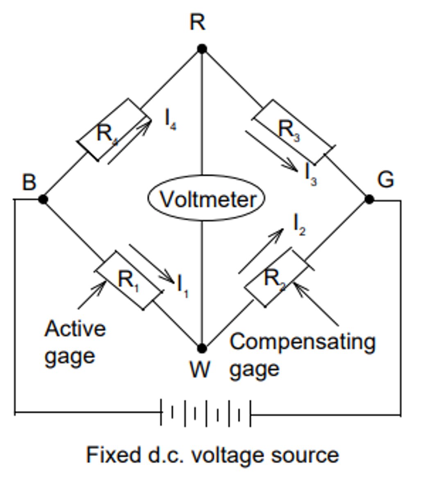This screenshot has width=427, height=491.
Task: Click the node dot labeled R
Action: pos(201,49)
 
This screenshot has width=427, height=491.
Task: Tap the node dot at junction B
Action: pos(43,199)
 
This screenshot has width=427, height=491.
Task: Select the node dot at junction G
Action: pos(369,199)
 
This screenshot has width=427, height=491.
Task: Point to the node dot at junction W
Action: pos(201,348)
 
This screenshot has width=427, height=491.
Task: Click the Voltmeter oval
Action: pos(206,199)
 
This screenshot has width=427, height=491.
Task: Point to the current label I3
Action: pos(311,174)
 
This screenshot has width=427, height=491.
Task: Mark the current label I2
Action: pos(299,225)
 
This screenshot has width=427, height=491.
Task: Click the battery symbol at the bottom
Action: pos(206,412)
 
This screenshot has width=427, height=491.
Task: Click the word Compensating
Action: pos(302,342)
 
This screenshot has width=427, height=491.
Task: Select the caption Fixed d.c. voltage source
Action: pos(212,455)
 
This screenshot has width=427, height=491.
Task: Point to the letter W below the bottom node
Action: pos(200,370)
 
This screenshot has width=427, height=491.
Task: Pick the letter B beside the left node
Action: pos(29,182)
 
